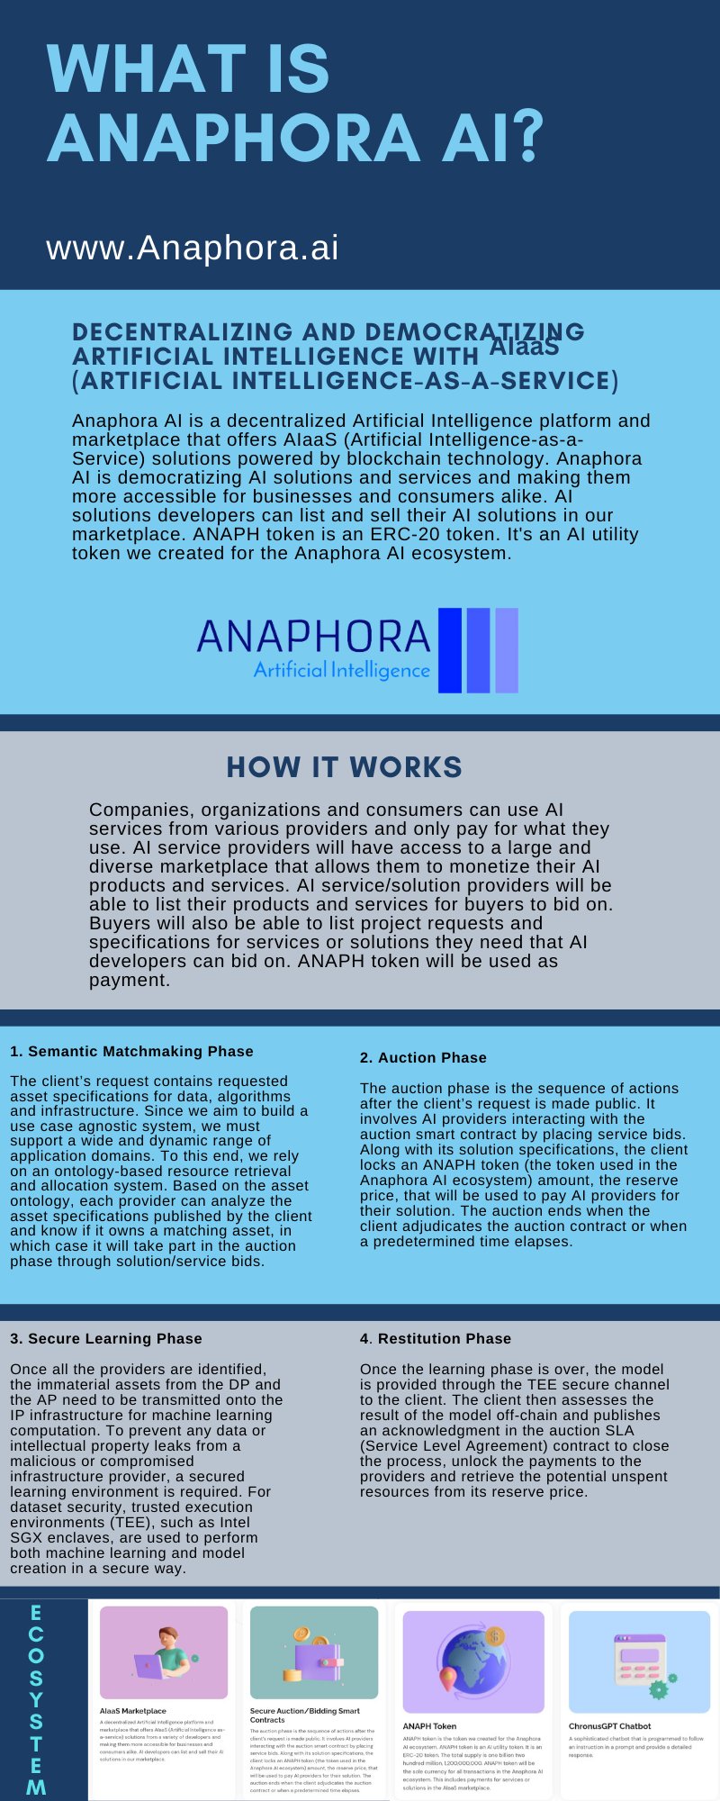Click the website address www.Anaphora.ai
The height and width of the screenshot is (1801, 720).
[x=193, y=248]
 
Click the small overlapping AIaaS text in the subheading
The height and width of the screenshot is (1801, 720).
[x=524, y=347]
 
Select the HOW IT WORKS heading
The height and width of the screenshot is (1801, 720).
[x=345, y=767]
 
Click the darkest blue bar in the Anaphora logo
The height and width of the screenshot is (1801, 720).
[x=450, y=650]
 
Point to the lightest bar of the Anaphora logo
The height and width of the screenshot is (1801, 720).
[x=507, y=650]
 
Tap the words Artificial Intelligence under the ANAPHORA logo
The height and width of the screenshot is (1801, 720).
[x=342, y=670]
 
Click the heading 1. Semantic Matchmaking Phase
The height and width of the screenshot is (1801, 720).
[x=131, y=1051]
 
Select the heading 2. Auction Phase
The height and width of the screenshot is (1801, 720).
[x=423, y=1057]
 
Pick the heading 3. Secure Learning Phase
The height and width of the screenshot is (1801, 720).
[x=106, y=1338]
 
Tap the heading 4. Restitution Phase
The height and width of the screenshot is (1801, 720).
[x=436, y=1338]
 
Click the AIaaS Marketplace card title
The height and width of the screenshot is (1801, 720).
[x=132, y=1711]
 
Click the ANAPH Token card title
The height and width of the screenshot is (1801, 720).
[x=429, y=1726]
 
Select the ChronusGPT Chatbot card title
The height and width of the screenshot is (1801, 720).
[x=609, y=1726]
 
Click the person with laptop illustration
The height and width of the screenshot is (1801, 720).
[x=164, y=1653]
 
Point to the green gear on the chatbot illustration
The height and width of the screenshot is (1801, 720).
[x=660, y=1688]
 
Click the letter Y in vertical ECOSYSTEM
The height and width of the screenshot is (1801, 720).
[x=36, y=1700]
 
